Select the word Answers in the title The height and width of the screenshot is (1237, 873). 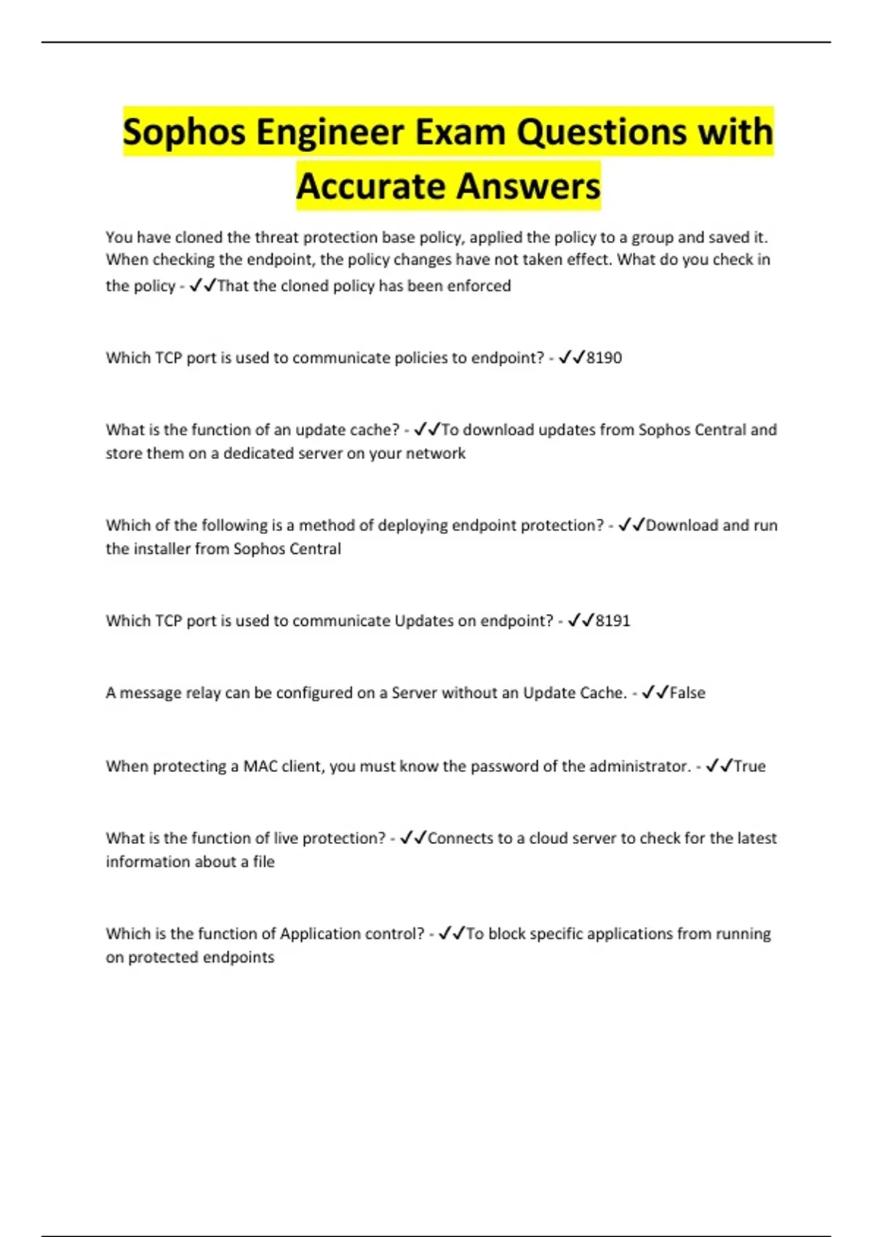click(x=529, y=186)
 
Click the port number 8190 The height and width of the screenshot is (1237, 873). click(x=604, y=358)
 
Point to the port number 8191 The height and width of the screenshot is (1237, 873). click(x=613, y=621)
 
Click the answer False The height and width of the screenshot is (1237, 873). click(x=687, y=693)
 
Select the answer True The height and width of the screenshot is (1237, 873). click(x=749, y=766)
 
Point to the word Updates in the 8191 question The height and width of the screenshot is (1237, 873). click(x=423, y=621)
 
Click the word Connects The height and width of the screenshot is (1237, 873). click(x=460, y=838)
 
